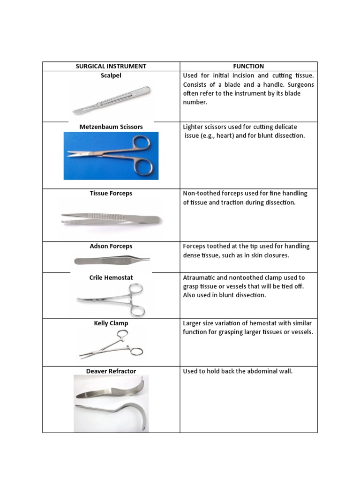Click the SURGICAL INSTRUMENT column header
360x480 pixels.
pos(111,67)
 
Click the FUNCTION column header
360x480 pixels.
pos(248,67)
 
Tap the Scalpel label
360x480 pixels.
pos(111,75)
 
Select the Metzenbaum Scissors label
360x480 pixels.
pos(111,127)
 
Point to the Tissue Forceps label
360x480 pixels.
pos(111,194)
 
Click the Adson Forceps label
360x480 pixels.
pos(111,246)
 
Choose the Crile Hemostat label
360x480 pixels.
pos(111,277)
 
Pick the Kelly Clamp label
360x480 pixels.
pos(111,323)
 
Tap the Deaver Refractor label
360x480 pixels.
pos(111,371)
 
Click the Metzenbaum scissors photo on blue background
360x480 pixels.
pos(111,156)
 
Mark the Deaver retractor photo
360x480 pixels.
pos(111,403)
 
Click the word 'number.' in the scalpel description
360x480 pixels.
pos(195,102)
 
